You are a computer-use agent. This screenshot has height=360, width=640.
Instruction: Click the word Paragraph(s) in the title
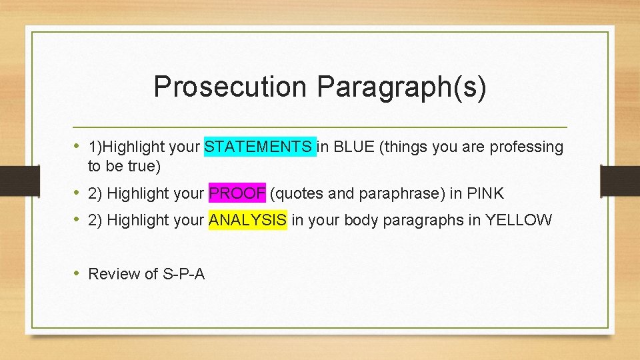[401, 87]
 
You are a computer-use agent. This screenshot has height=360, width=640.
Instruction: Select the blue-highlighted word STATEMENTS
[259, 147]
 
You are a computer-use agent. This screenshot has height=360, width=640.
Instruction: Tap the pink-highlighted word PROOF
[237, 193]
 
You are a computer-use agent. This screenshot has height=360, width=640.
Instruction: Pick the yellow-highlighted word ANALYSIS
[248, 220]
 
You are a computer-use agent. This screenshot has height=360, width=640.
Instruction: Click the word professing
[527, 147]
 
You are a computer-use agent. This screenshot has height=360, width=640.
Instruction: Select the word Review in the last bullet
[113, 273]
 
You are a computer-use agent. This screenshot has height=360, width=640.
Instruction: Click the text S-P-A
[183, 273]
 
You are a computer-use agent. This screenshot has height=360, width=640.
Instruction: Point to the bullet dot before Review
[78, 273]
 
